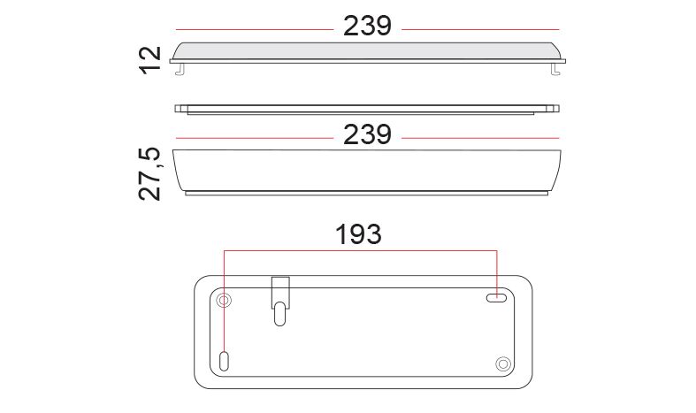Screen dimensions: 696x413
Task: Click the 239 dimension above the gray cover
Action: tap(367, 26)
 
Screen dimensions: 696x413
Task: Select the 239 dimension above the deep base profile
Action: tap(367, 134)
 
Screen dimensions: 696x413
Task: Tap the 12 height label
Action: tap(150, 59)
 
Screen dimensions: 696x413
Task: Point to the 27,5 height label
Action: tap(150, 173)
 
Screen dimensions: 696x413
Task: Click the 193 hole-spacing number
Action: tap(358, 234)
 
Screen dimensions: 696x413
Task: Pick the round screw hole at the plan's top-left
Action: tap(224, 301)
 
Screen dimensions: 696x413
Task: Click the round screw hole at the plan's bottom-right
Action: tap(503, 364)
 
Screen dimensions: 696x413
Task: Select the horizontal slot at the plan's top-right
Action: tap(496, 298)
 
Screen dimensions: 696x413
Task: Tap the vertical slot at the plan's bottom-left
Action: tap(224, 361)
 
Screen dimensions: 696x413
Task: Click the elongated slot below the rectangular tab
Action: tap(279, 314)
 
